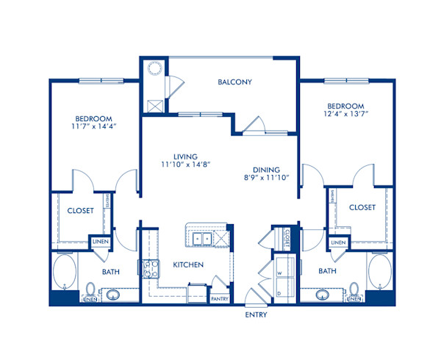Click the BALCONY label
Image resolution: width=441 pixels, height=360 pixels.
tap(234, 82)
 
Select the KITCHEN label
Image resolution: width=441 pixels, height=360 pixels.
tap(188, 264)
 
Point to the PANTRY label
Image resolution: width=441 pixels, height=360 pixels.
tap(220, 298)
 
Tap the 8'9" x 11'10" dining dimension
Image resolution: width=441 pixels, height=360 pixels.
tap(266, 177)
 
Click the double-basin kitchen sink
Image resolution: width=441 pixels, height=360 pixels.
tap(201, 238)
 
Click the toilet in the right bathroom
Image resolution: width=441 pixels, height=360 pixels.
tap(354, 289)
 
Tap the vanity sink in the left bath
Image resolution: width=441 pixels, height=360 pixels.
tap(114, 295)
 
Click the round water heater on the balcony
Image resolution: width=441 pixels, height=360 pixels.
tap(155, 69)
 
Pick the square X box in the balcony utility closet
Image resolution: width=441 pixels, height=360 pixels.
tap(155, 104)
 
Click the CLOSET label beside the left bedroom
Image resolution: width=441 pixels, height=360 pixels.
tap(80, 211)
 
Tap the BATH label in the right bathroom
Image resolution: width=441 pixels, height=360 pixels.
tap(328, 271)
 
